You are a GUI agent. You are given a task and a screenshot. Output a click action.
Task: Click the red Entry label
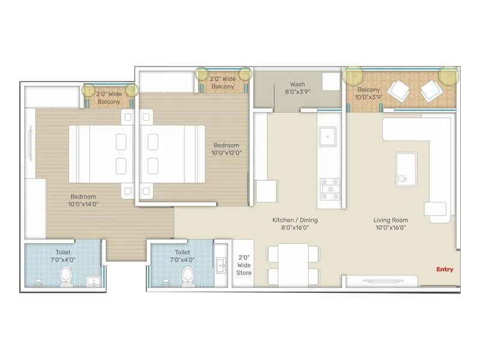[445, 269]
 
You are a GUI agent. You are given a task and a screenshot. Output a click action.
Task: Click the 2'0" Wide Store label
[244, 265]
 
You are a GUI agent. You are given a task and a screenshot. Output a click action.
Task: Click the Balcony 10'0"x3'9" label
[368, 93]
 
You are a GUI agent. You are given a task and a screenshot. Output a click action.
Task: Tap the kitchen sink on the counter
[327, 136]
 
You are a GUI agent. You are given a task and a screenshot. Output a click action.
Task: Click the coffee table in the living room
[406, 167]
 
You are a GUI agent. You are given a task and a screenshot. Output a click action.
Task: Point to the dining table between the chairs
[293, 265]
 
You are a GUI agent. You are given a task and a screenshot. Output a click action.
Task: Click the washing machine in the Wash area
[329, 82]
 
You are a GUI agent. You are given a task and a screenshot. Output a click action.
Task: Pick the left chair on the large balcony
[398, 92]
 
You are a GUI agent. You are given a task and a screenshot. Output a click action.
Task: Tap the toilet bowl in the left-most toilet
[66, 277]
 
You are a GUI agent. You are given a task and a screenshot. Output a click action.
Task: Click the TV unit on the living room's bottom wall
[382, 281]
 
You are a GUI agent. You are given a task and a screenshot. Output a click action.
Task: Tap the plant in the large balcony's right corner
[448, 76]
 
